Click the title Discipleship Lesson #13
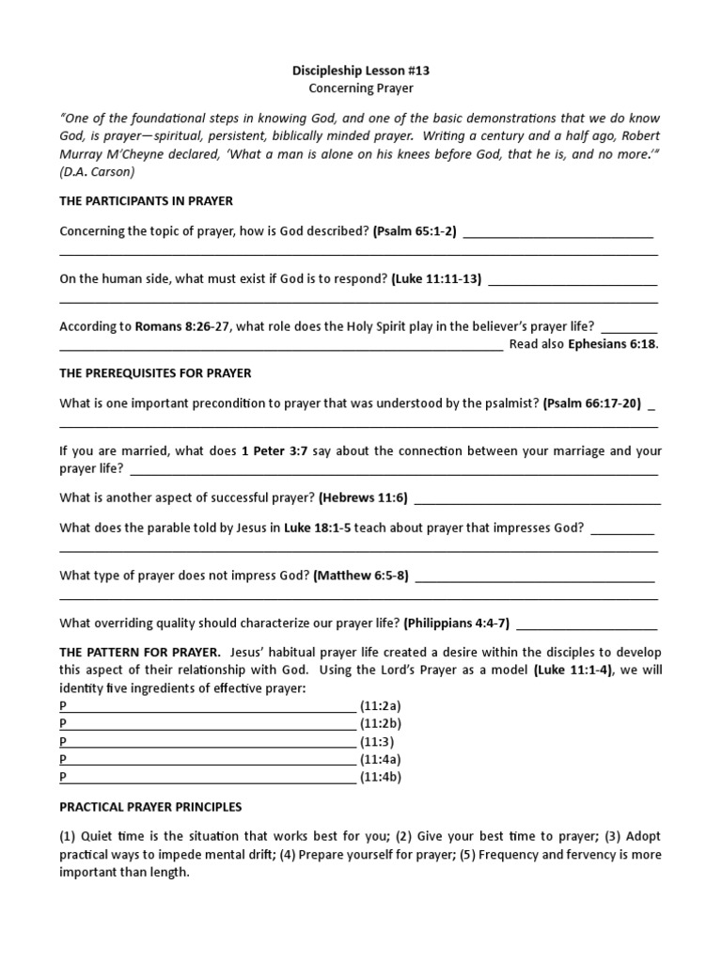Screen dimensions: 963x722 tap(362, 71)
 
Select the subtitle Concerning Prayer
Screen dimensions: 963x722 tap(362, 88)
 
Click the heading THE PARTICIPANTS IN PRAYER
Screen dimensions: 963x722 tap(147, 201)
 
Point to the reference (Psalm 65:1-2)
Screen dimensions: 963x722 tap(415, 231)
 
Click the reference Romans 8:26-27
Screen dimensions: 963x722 tap(182, 326)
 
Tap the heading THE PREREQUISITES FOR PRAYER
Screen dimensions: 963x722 tap(155, 373)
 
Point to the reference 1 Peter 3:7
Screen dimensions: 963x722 tap(275, 451)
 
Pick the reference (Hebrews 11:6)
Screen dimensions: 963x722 tap(363, 498)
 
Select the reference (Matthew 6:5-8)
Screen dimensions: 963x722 tap(361, 576)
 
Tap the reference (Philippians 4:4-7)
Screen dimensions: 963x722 tap(457, 623)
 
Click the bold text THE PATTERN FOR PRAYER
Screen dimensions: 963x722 tap(140, 653)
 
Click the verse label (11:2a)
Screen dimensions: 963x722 tap(381, 706)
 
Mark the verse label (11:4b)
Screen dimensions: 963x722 tap(381, 778)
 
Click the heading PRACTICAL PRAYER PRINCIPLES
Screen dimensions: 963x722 tap(150, 807)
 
